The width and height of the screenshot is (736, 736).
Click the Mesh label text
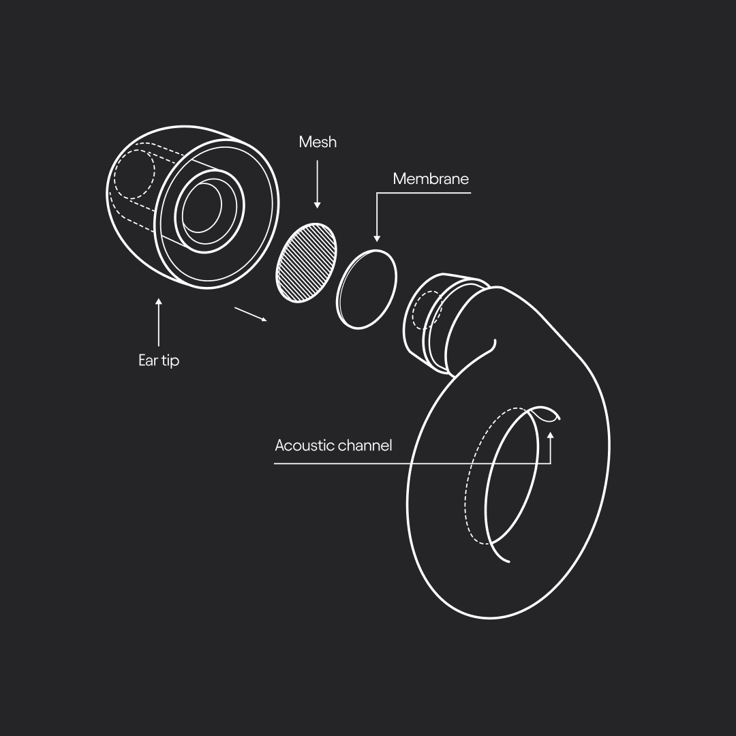pyautogui.click(x=318, y=142)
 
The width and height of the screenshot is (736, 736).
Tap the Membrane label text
pyautogui.click(x=431, y=179)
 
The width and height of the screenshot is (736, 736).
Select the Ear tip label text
pyautogui.click(x=159, y=360)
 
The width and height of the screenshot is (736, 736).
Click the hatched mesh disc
pyautogui.click(x=306, y=263)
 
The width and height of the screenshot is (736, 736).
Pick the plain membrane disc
pyautogui.click(x=367, y=289)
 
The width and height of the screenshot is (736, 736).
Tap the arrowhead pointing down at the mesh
pyautogui.click(x=318, y=205)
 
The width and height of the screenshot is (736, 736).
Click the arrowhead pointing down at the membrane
pyautogui.click(x=376, y=239)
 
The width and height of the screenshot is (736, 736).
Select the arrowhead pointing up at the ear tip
pyautogui.click(x=159, y=301)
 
